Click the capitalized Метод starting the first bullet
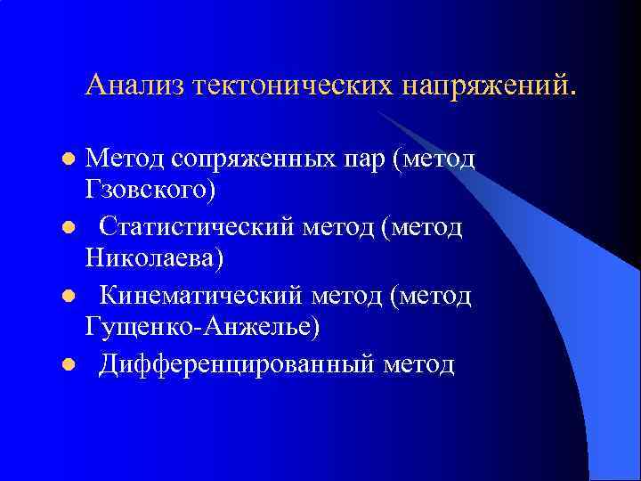point(121,159)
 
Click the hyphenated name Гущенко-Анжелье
point(202,327)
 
